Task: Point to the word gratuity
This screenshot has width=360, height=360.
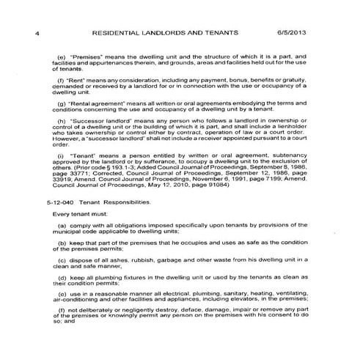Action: click(298, 81)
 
